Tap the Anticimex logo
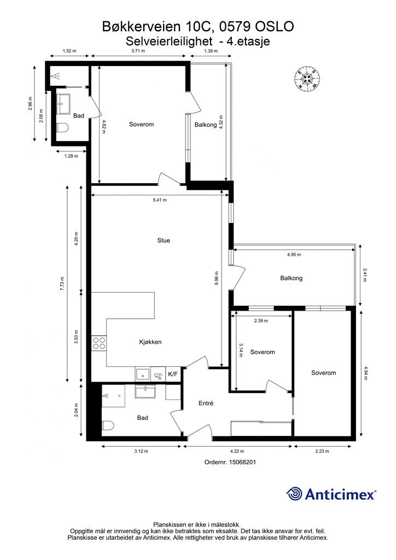(331, 494)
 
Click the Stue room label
(164, 241)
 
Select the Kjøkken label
(150, 342)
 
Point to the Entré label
(206, 403)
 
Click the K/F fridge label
(173, 374)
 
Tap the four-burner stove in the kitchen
(99, 343)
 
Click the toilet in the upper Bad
(62, 128)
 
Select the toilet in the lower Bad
(108, 425)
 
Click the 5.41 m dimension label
(160, 200)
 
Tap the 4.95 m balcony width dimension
(294, 255)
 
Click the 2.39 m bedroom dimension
(261, 320)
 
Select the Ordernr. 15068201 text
(230, 462)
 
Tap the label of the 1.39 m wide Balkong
(206, 125)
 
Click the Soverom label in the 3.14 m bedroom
(263, 352)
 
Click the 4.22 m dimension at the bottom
(237, 451)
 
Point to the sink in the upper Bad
(64, 104)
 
